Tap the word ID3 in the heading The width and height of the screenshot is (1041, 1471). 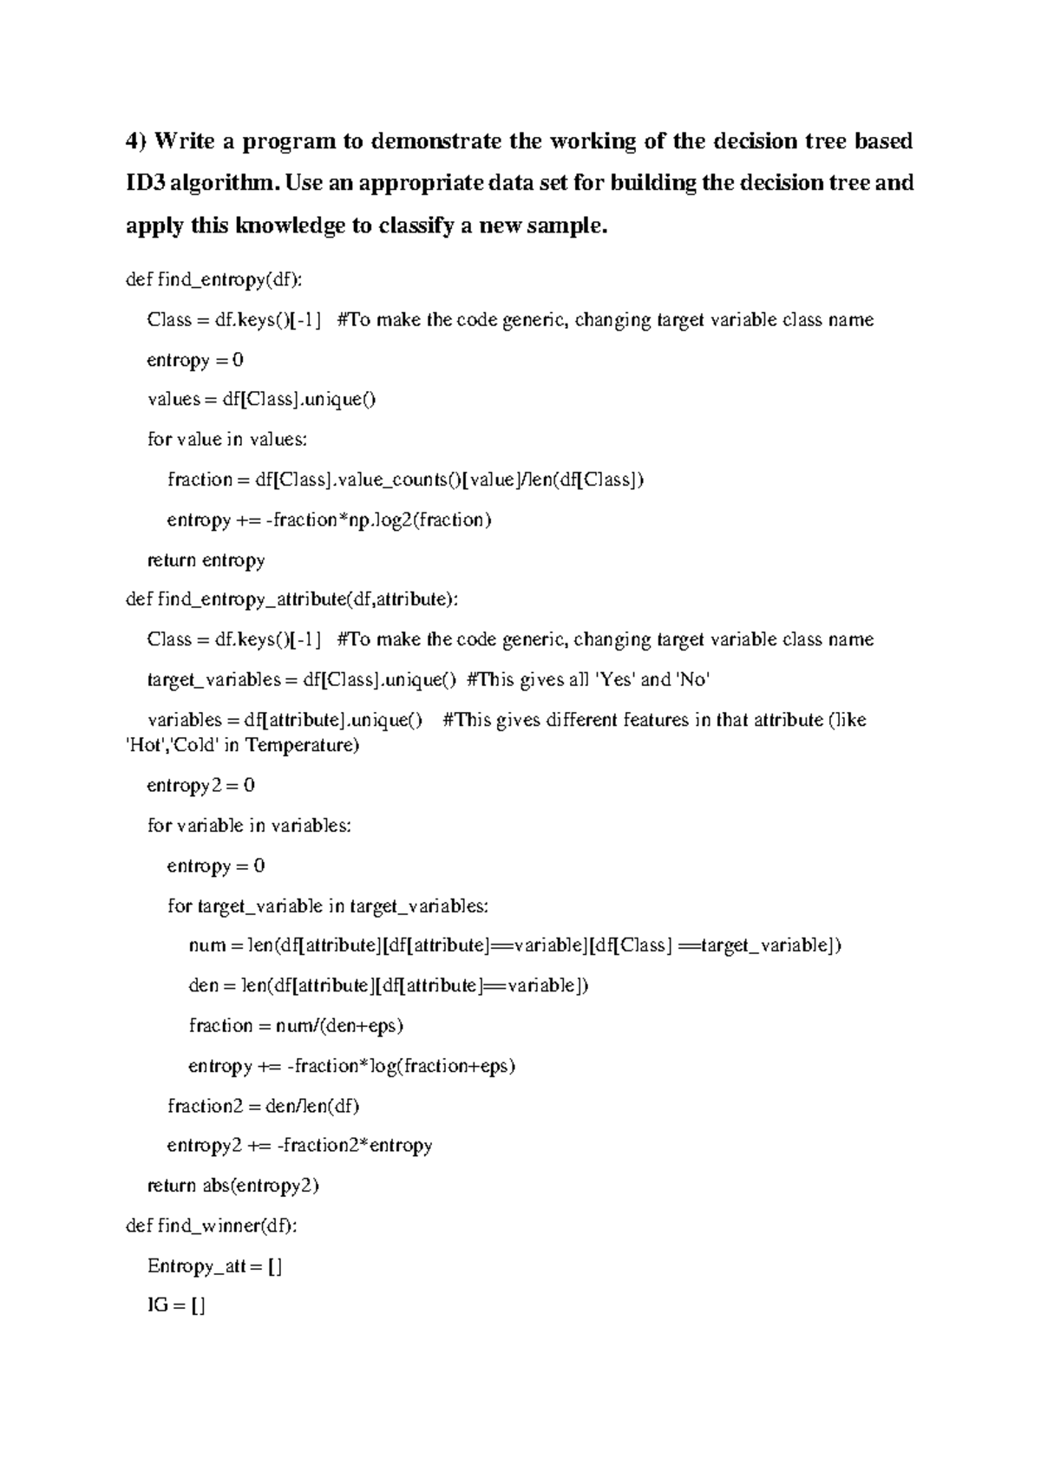click(144, 183)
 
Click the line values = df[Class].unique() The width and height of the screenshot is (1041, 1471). click(261, 400)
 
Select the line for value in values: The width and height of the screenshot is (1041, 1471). click(227, 440)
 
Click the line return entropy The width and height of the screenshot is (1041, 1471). click(206, 560)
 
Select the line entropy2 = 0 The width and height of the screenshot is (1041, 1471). click(201, 786)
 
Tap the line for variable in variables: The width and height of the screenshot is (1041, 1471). click(249, 826)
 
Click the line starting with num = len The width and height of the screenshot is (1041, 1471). click(514, 945)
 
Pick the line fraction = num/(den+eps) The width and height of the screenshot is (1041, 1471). click(296, 1026)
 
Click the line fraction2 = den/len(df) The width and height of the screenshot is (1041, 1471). click(263, 1106)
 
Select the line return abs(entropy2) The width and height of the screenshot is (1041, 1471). click(233, 1186)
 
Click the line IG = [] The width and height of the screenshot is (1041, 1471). click(176, 1305)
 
